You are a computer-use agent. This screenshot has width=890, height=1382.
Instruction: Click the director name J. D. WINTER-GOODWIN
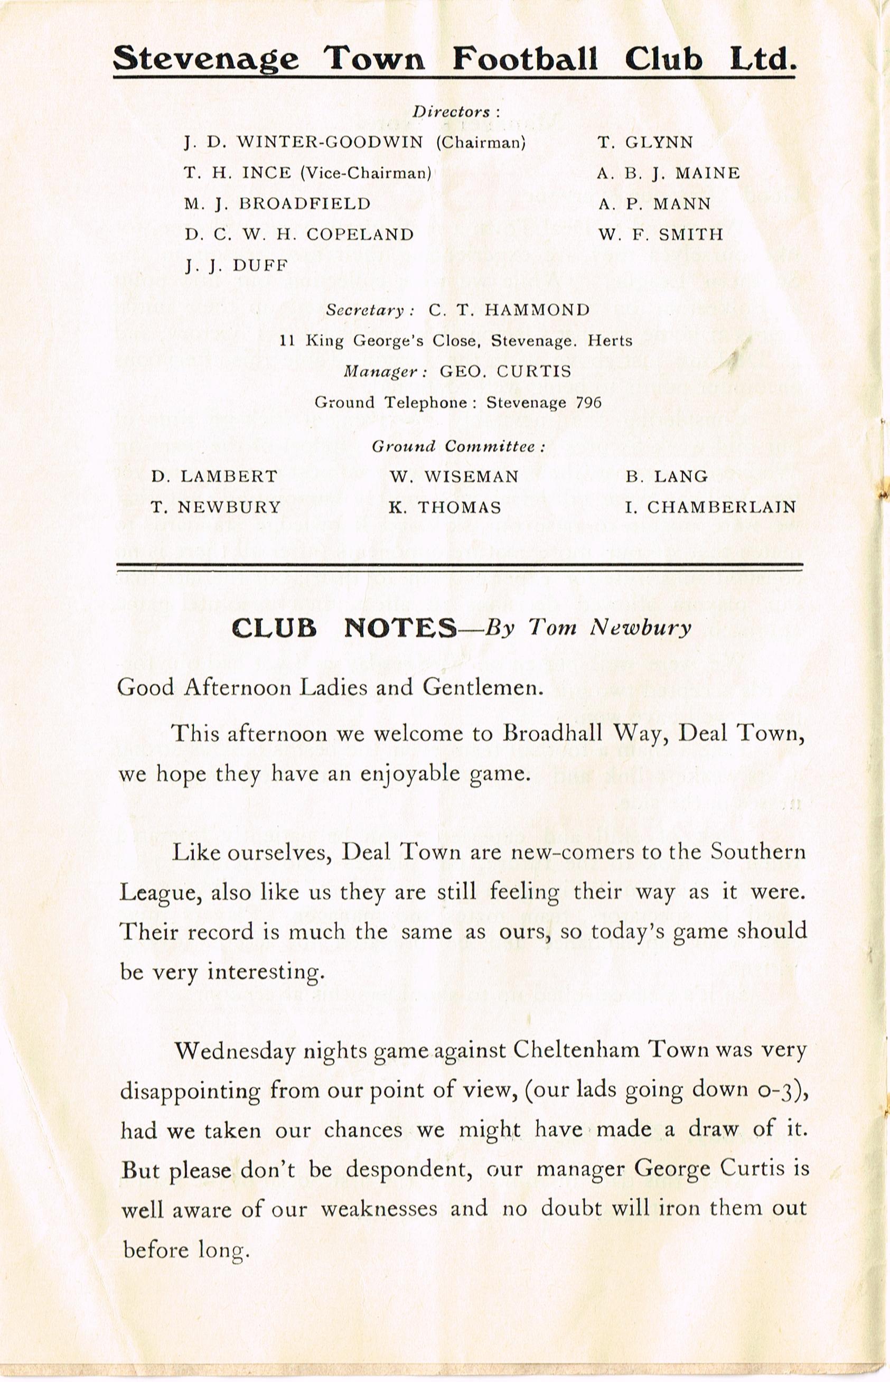[304, 142]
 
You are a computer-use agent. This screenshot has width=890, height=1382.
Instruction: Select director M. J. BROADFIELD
[277, 203]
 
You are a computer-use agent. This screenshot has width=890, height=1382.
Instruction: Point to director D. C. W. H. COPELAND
[299, 234]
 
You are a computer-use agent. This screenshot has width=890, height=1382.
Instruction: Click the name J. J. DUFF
[237, 265]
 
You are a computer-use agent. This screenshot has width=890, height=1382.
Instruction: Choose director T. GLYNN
[645, 142]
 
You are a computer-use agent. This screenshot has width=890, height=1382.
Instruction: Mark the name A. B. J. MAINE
[668, 173]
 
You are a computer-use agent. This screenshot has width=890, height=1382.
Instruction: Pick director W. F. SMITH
[661, 234]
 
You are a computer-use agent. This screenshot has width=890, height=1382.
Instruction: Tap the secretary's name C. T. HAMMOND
[509, 310]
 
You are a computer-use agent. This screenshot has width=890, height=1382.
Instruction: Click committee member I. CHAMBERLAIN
[710, 507]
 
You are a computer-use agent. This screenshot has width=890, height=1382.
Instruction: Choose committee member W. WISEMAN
[454, 477]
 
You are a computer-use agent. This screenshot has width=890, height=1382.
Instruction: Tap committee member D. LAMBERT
[214, 477]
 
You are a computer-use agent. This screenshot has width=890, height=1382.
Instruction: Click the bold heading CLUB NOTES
[344, 628]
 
